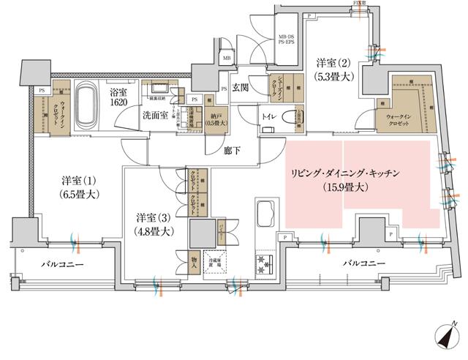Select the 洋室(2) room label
tap(333, 70)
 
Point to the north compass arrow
tap(447, 335)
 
